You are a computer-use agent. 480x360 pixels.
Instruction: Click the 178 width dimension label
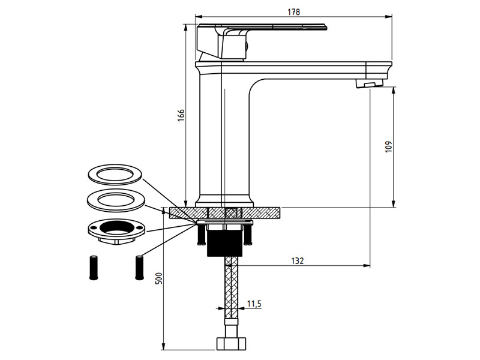point(293,12)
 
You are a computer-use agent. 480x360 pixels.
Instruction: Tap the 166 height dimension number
point(181,115)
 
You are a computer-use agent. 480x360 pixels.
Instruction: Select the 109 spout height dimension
point(388,146)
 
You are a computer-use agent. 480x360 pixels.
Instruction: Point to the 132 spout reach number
point(297,261)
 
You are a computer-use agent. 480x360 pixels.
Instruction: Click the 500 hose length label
point(159,278)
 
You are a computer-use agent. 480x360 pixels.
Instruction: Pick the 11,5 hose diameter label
point(254,304)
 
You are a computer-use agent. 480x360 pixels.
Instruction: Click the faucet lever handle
point(261,40)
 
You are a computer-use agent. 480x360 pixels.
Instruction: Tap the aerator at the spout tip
point(370,83)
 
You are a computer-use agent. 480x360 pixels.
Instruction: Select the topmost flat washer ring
point(115,175)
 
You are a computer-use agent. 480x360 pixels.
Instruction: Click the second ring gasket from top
point(115,200)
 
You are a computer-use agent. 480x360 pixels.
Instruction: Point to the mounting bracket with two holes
point(116,230)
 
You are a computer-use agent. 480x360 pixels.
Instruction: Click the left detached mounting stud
point(94,267)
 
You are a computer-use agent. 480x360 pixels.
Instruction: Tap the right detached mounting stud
point(139,267)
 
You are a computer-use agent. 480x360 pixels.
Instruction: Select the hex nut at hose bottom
point(231,343)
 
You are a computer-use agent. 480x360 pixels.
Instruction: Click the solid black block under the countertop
point(224,244)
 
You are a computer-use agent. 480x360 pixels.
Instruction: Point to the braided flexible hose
point(231,288)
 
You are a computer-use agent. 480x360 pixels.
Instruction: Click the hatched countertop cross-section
point(224,213)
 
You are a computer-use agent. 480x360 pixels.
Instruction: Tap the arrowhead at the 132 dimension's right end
point(367,265)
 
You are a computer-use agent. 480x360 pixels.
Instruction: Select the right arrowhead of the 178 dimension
point(388,17)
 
